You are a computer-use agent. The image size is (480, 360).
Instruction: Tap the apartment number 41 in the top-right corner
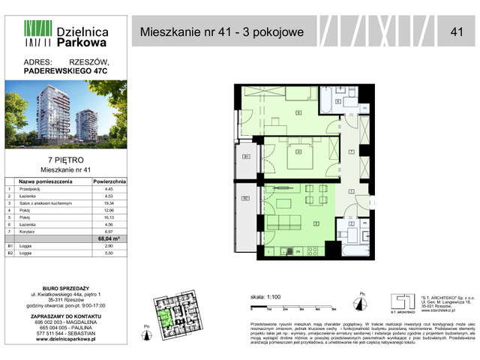[456, 31]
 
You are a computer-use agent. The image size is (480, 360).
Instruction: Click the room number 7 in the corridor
[351, 152]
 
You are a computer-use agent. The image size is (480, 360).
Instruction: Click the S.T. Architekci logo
[402, 300]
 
